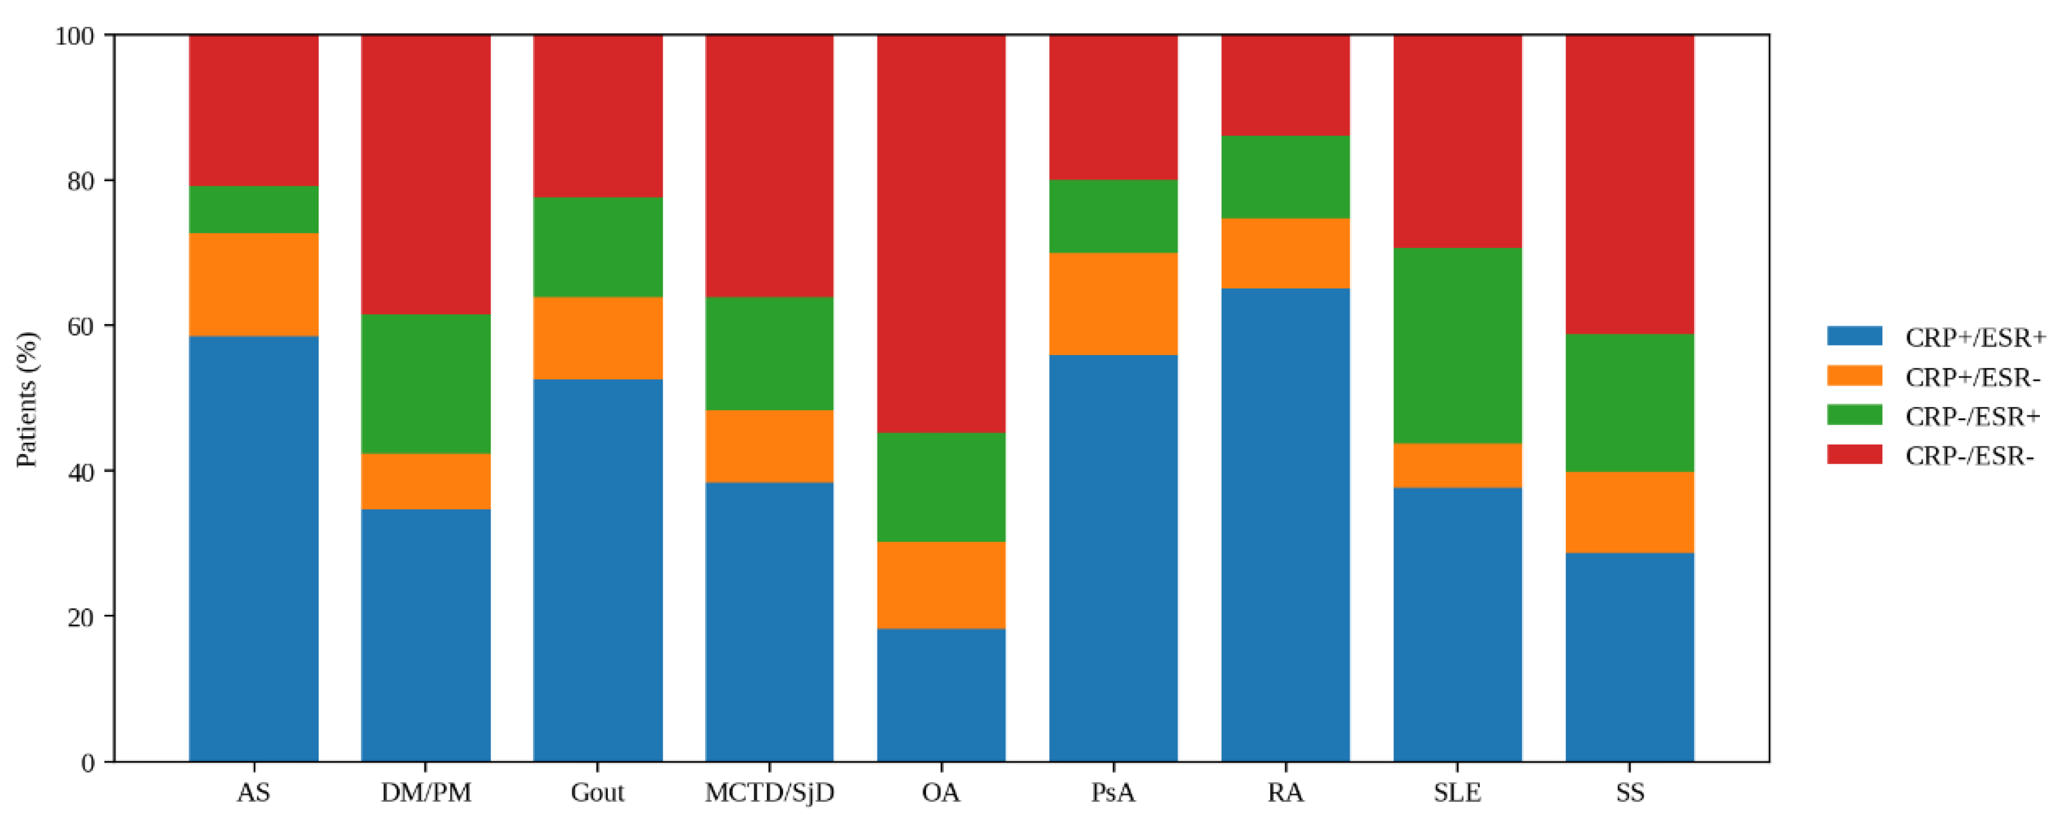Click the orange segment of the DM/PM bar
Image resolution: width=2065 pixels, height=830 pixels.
tap(426, 481)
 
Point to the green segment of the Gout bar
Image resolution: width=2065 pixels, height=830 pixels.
tap(597, 247)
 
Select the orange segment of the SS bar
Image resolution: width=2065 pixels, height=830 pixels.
tap(1629, 512)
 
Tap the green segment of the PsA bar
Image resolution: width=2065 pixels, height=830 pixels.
tap(1113, 216)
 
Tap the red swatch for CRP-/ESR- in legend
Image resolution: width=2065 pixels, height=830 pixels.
tap(1854, 455)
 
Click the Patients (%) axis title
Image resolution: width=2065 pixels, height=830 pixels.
tap(27, 399)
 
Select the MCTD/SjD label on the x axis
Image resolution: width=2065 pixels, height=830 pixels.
tap(769, 793)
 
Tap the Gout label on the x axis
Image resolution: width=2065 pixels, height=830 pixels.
tap(597, 793)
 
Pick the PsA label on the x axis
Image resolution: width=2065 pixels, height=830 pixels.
tap(1113, 793)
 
